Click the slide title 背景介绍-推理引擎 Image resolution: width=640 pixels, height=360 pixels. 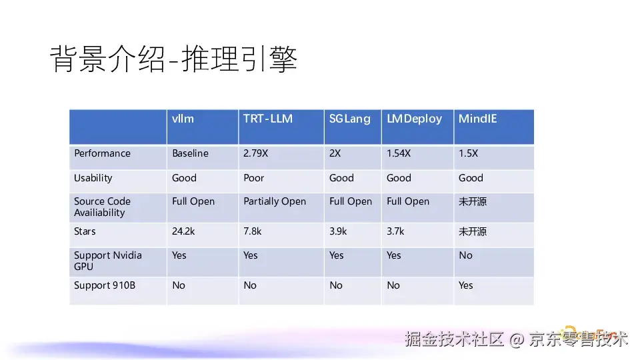pyautogui.click(x=173, y=59)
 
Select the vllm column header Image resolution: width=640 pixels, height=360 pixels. pyautogui.click(x=183, y=119)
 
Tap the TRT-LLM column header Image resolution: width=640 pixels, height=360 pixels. pyautogui.click(x=268, y=119)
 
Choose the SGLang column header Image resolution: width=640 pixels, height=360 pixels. pyautogui.click(x=350, y=119)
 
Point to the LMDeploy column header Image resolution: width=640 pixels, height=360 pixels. pyautogui.click(x=414, y=119)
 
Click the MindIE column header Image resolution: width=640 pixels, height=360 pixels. pyautogui.click(x=477, y=119)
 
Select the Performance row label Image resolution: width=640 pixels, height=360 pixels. pyautogui.click(x=102, y=153)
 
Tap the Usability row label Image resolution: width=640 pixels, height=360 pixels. pyautogui.click(x=93, y=178)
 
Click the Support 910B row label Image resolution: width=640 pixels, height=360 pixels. pyautogui.click(x=105, y=285)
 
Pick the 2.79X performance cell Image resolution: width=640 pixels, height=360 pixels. pyautogui.click(x=255, y=153)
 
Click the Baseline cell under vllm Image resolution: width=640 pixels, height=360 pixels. pyautogui.click(x=190, y=153)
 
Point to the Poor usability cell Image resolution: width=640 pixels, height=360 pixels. pyautogui.click(x=254, y=178)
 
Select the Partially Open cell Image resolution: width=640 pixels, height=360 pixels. pyautogui.click(x=275, y=201)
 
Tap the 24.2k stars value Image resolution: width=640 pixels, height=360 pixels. pyautogui.click(x=183, y=231)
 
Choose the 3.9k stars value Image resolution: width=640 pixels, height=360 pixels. pyautogui.click(x=338, y=231)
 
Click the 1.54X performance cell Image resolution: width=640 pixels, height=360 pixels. pyautogui.click(x=399, y=153)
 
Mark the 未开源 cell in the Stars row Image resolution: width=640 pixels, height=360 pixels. pyautogui.click(x=473, y=231)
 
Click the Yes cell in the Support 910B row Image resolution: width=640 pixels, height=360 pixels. pyautogui.click(x=466, y=285)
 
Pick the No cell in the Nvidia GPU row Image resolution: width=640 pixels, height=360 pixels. pyautogui.click(x=466, y=255)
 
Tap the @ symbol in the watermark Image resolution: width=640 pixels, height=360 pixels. pyautogui.click(x=517, y=339)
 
